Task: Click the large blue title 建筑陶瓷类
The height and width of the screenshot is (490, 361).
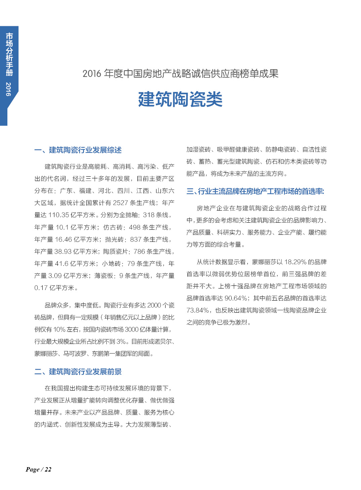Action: pos(180,99)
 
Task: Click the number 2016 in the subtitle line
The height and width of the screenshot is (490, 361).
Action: pos(92,74)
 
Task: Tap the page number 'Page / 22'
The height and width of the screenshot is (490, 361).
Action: pos(39,470)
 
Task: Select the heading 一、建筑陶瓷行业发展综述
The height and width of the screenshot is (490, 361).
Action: pos(78,150)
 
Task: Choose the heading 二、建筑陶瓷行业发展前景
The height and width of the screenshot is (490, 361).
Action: pos(78,372)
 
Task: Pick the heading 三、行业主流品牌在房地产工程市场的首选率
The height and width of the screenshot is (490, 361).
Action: pos(255,191)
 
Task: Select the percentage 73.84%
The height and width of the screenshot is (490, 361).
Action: pos(197,310)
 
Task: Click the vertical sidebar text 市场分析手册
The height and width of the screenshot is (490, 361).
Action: pos(9,54)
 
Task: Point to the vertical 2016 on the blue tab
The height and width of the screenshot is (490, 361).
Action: pos(9,89)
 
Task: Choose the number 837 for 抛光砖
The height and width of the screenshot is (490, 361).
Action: pos(136,239)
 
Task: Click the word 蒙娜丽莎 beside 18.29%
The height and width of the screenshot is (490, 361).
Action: pos(264,262)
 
